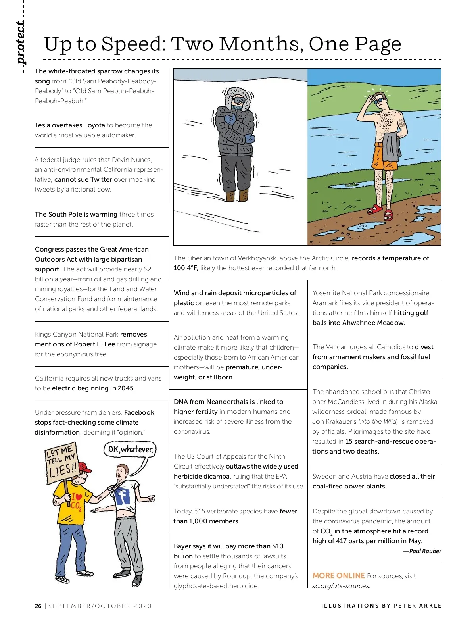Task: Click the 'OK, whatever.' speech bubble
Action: (x=131, y=450)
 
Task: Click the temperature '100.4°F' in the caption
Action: (x=186, y=268)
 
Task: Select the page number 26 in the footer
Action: (x=38, y=606)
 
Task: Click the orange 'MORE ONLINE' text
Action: (x=338, y=576)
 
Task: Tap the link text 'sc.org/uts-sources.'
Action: (x=341, y=586)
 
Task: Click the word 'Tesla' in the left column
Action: (x=42, y=125)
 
